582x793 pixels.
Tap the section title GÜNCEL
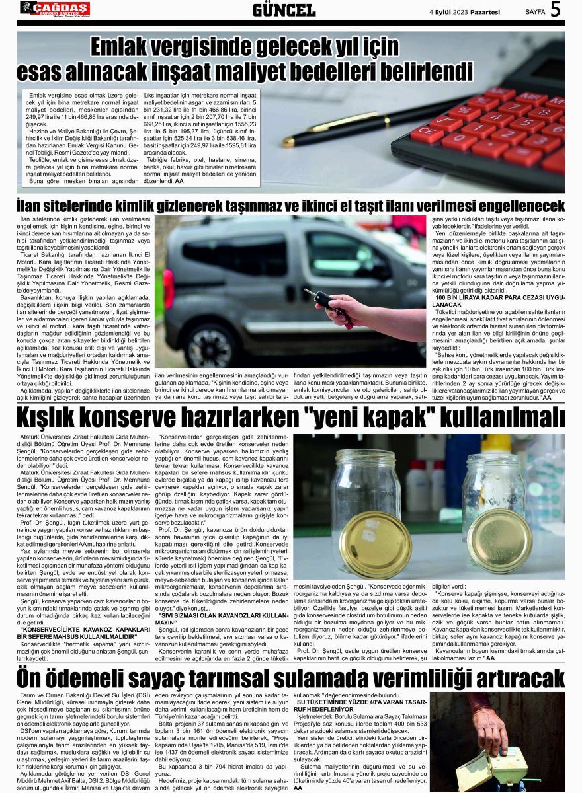coord(284,10)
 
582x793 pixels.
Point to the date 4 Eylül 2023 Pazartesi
coord(464,11)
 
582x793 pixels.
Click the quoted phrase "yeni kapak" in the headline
coord(384,418)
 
